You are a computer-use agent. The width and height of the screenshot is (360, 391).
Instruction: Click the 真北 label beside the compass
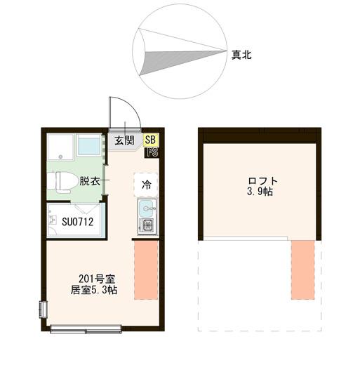242,53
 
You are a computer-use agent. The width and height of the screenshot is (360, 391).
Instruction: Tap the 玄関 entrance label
124,140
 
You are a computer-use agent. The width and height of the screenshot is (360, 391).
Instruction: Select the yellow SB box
151,140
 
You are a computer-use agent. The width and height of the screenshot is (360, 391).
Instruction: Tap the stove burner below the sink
147,225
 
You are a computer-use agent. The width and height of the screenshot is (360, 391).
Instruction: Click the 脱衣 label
89,180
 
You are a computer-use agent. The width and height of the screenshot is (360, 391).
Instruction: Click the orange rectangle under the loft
303,270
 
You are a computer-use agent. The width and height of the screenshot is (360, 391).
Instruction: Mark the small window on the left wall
43,309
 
